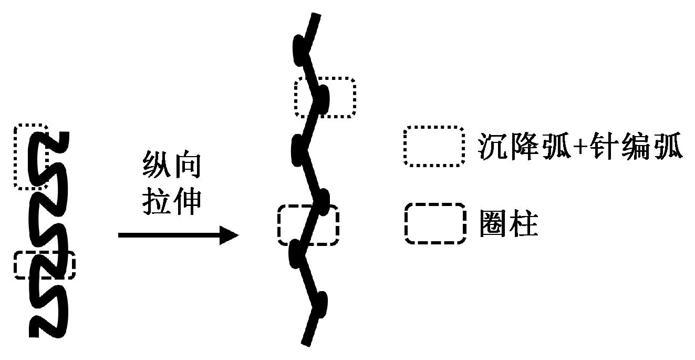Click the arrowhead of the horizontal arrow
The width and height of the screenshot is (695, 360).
(230, 235)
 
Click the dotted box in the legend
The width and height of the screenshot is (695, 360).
(433, 146)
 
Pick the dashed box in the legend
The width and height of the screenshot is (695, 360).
(435, 224)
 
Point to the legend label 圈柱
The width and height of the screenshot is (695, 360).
(509, 224)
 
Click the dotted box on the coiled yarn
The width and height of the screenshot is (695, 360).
(31, 157)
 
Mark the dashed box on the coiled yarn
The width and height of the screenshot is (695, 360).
(45, 265)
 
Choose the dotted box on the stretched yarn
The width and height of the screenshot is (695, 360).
(325, 97)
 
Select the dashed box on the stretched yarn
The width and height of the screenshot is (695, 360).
(308, 224)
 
